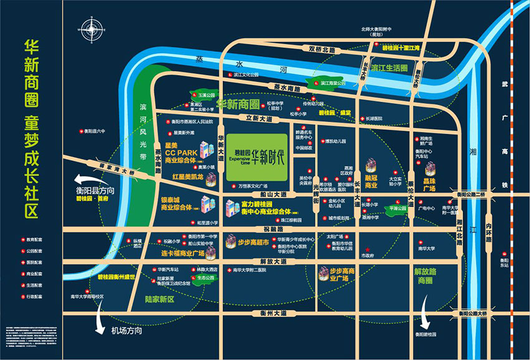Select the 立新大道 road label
point(259,117)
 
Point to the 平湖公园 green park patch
point(397,208)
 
